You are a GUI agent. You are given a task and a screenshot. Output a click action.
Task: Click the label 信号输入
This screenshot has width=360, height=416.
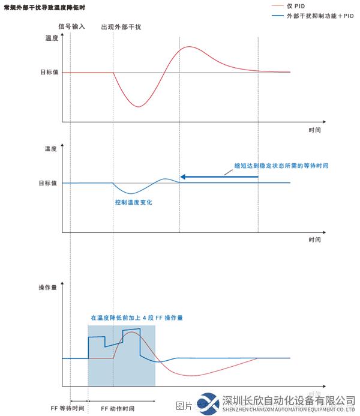pos(71,27)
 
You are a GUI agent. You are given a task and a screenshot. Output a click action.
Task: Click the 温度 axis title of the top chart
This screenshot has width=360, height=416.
pos(52,38)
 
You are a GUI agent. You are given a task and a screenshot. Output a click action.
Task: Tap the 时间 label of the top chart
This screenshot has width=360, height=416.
pos(314,129)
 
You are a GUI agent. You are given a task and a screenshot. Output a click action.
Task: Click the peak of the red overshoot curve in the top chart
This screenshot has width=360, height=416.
pos(190,47)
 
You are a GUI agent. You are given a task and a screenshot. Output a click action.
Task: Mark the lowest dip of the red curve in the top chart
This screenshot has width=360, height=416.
pos(138,107)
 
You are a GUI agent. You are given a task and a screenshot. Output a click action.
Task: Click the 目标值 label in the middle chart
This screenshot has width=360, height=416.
pos(48,182)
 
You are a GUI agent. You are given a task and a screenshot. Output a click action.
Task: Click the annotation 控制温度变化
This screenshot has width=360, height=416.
pos(133,203)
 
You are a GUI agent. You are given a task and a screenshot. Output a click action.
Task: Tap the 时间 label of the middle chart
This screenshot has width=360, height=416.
pos(314,240)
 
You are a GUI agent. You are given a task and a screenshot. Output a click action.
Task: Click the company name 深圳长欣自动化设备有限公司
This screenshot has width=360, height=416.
pos(288,400)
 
